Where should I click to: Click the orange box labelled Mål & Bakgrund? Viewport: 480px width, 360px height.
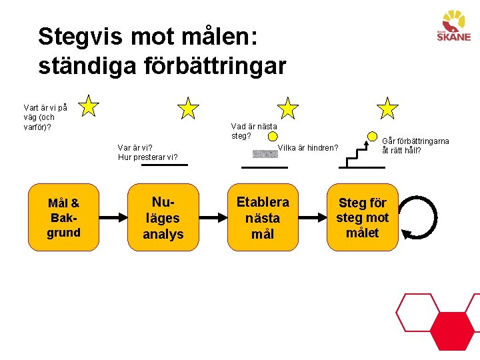click(63, 217)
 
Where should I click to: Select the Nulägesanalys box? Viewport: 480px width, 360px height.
click(163, 217)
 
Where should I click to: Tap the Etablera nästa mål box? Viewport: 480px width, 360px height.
click(263, 217)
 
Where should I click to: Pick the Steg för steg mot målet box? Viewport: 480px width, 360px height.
click(362, 217)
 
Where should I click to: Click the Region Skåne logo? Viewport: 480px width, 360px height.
click(453, 27)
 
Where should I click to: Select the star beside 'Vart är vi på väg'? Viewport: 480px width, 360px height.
click(89, 105)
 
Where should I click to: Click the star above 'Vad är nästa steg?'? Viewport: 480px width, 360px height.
click(288, 107)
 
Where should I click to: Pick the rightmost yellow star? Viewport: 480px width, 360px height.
click(387, 107)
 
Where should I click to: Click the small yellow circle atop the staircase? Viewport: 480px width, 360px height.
click(372, 137)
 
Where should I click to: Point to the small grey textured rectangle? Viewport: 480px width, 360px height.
click(265, 154)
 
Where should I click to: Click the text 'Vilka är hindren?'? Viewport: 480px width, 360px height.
click(308, 148)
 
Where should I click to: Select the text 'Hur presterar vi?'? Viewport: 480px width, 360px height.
click(148, 157)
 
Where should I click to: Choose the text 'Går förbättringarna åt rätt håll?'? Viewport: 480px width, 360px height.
click(415, 145)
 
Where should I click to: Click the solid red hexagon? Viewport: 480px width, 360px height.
click(452, 331)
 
